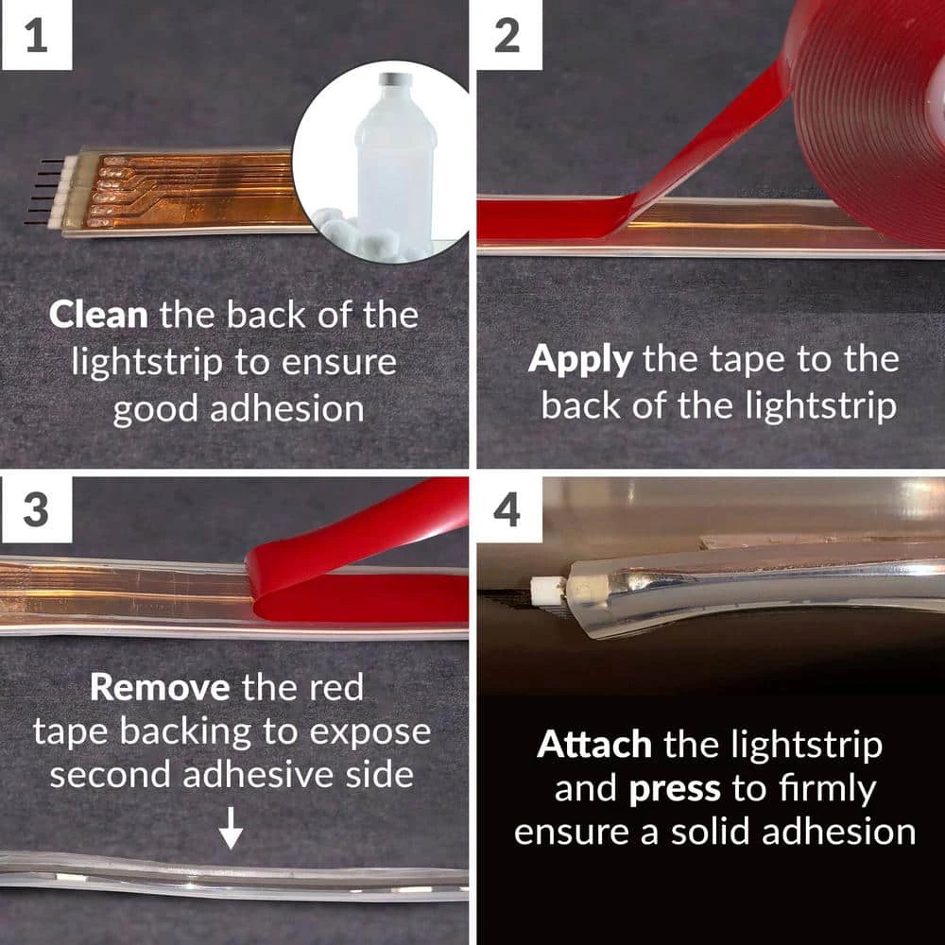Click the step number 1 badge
(36, 36)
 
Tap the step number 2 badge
(508, 36)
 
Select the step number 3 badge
(36, 510)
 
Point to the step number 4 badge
(508, 510)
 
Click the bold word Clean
(98, 316)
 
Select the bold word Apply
(580, 360)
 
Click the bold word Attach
(594, 746)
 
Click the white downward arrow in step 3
(232, 831)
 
